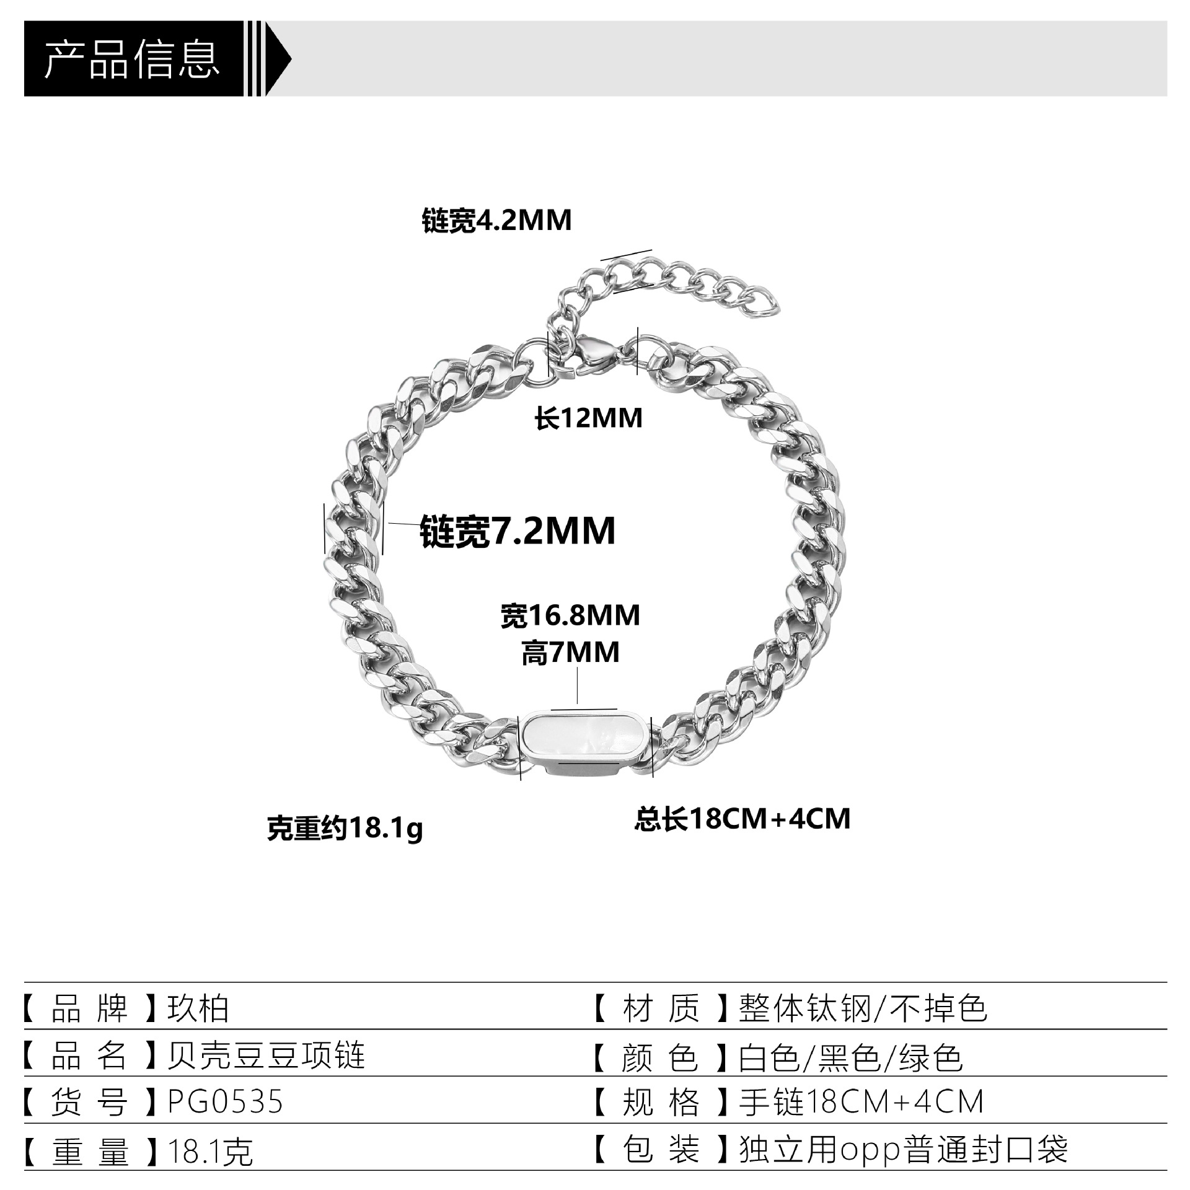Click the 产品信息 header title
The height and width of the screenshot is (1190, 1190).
point(132,60)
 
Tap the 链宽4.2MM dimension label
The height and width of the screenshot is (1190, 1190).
point(496,221)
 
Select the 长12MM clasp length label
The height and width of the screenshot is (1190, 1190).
point(588,418)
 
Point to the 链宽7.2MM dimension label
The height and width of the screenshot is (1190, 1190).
point(518,531)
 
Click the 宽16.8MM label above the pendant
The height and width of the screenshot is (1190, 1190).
point(570,615)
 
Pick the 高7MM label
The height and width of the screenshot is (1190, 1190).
point(570,653)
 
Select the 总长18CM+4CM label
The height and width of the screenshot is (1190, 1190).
point(742,819)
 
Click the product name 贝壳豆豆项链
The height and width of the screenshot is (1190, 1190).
point(267,1055)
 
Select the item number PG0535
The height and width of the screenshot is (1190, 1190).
point(225,1101)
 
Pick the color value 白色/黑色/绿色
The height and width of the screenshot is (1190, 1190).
point(850,1056)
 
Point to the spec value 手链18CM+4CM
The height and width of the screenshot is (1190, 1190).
point(862,1103)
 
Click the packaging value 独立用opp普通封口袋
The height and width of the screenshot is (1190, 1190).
point(903,1150)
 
